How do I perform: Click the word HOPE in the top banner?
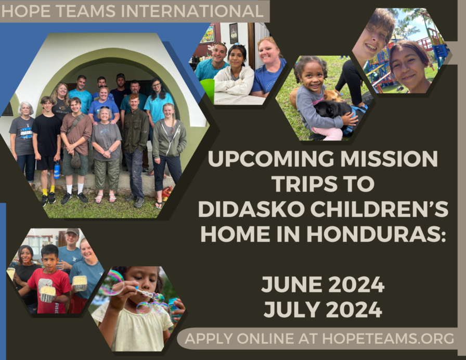pos(21,11)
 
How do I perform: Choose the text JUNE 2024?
pos(322,285)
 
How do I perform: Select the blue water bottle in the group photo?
pos(57,170)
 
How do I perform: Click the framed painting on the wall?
pos(208,34)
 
